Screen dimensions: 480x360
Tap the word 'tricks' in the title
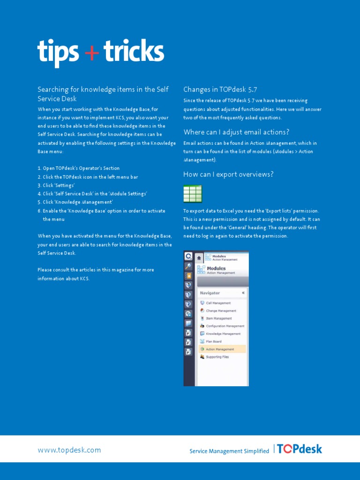[x=134, y=52]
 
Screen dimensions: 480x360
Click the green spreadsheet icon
[x=193, y=194]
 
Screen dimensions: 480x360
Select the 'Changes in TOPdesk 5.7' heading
[x=220, y=90]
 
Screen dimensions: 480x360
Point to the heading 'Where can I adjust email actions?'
[x=236, y=132]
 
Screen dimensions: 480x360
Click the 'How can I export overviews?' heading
[x=228, y=174]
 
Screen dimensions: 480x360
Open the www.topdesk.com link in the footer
[x=69, y=450]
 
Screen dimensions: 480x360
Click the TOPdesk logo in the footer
[x=300, y=449]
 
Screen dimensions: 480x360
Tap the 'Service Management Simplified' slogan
[x=229, y=451]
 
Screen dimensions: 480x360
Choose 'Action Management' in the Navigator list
[x=220, y=349]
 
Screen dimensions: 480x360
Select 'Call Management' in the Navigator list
[x=218, y=303]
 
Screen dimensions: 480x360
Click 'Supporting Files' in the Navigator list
[x=217, y=357]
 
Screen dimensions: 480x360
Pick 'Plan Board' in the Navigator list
[x=213, y=341]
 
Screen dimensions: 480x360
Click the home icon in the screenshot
[x=199, y=257]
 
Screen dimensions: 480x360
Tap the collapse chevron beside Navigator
[x=243, y=293]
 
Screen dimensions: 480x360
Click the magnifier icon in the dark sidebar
[x=188, y=266]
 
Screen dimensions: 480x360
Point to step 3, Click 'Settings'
[x=56, y=186]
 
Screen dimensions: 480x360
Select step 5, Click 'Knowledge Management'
[x=75, y=202]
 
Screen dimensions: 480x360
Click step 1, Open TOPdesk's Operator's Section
[x=78, y=168]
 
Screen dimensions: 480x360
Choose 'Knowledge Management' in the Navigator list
[x=223, y=334]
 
